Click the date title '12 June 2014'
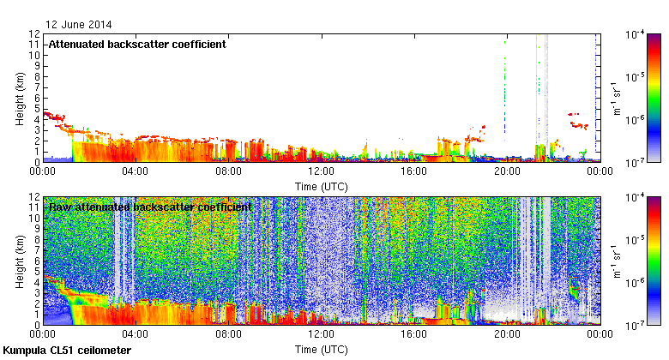78,25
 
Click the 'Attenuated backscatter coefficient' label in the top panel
137,44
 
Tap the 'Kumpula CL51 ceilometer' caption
67,351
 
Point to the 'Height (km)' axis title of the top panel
19,98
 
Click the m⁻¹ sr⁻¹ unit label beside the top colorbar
615,98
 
